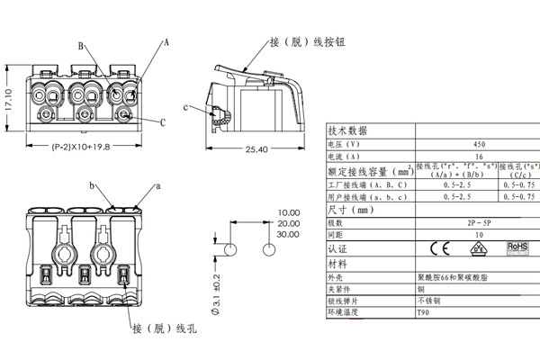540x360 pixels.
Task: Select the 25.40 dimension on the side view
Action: (256, 148)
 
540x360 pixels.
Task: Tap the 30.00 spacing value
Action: (288, 234)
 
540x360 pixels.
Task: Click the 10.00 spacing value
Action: (288, 212)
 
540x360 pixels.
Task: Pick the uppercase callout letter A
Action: (166, 42)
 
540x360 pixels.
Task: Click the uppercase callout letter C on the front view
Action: (163, 122)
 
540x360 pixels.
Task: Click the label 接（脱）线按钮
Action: (306, 41)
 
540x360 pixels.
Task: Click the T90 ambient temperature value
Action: (422, 312)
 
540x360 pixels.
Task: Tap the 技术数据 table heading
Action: (347, 130)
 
